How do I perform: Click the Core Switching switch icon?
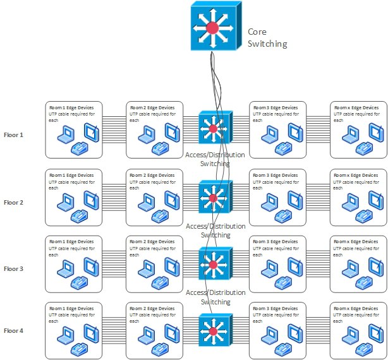(x=213, y=28)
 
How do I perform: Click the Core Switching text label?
(x=267, y=38)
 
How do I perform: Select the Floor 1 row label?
(x=13, y=135)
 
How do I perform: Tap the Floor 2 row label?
(x=13, y=202)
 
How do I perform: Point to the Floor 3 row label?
(x=13, y=268)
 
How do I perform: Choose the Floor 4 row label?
(x=13, y=330)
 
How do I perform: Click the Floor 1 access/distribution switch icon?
(x=214, y=130)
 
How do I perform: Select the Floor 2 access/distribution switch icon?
(x=214, y=198)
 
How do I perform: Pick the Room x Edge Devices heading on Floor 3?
(x=358, y=241)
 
